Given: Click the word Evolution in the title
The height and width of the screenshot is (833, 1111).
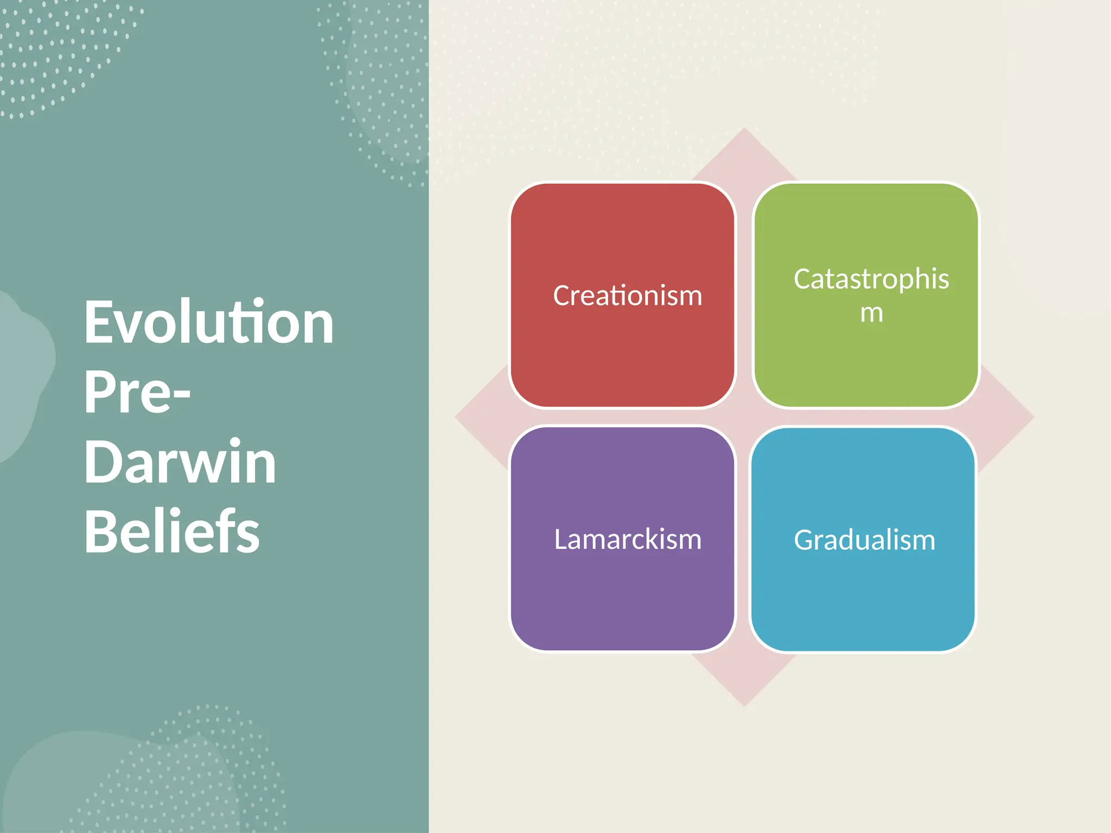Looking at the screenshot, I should point(209,323).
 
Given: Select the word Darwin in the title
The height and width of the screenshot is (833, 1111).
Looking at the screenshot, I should point(180,462).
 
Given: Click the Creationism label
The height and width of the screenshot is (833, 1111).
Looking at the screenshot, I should point(628,296).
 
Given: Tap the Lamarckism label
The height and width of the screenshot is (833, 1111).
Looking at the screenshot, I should point(628,540).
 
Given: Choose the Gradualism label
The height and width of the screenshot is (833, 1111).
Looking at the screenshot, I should point(865,540).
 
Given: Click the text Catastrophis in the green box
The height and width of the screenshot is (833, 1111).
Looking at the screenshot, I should point(871,279).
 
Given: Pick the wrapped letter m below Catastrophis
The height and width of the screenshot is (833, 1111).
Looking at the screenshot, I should point(871,313).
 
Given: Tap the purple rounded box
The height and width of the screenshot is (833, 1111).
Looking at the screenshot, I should point(622,597).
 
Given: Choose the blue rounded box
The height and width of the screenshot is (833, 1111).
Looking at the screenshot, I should point(863,597).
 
